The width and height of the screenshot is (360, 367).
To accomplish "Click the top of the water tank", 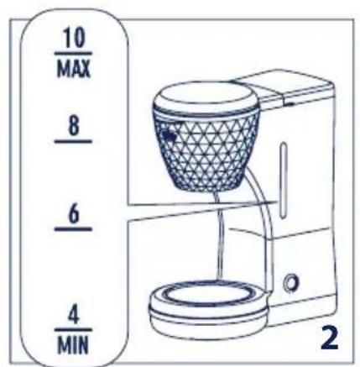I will (x=269, y=84).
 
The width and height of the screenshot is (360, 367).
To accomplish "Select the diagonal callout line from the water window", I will (x=201, y=212).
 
